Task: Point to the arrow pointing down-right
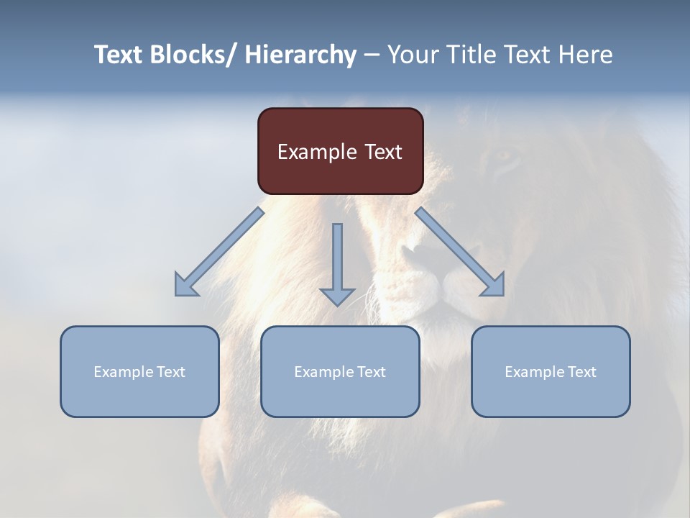461,253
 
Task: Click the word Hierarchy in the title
300,55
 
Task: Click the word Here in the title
586,55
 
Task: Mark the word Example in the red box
316,152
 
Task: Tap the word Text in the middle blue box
371,372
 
